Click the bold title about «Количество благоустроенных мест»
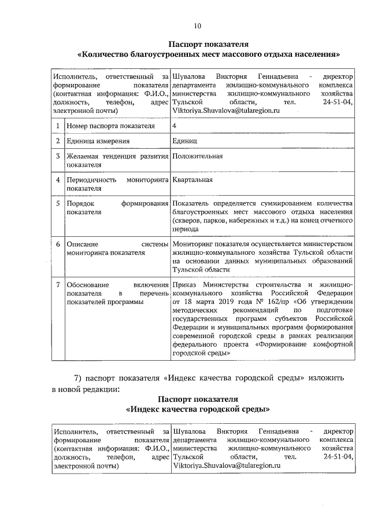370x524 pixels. (208, 54)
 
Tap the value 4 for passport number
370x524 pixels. (174, 126)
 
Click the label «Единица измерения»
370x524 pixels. (97, 141)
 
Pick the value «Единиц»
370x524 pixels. (184, 141)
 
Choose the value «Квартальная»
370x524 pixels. (193, 180)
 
